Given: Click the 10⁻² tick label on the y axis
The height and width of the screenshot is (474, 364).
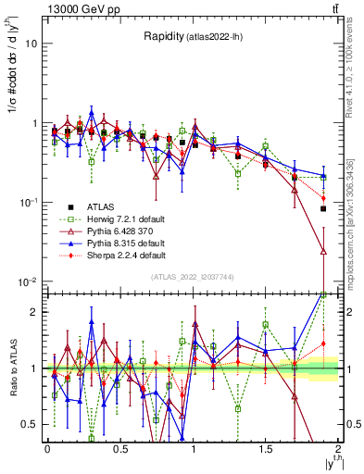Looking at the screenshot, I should coord(28,281).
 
